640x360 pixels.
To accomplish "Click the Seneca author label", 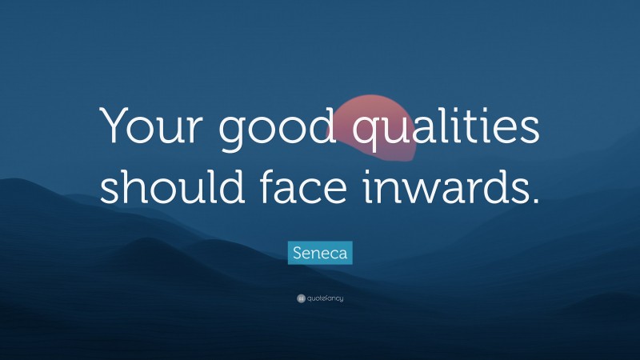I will click(x=320, y=254).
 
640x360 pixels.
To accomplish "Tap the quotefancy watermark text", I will click(x=325, y=298).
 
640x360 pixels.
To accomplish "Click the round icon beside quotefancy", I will click(x=301, y=298).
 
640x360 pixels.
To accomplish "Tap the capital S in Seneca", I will click(x=297, y=254).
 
